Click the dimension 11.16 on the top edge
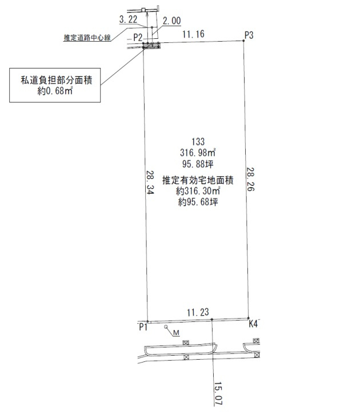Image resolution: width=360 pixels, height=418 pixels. (x=193, y=34)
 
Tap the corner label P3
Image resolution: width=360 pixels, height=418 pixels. (x=249, y=35)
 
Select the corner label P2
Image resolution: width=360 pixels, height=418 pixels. (x=138, y=37)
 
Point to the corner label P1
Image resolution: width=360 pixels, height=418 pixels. (x=143, y=327)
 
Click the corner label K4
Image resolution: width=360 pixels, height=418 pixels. (x=253, y=324)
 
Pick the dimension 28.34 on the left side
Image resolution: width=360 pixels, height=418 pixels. (x=150, y=182)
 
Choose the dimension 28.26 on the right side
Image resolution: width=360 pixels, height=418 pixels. (x=250, y=179)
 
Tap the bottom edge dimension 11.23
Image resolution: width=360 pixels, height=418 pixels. (x=198, y=312)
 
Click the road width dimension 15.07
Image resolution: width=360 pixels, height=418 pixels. (x=218, y=393)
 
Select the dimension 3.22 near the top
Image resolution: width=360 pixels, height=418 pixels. (x=128, y=19)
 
